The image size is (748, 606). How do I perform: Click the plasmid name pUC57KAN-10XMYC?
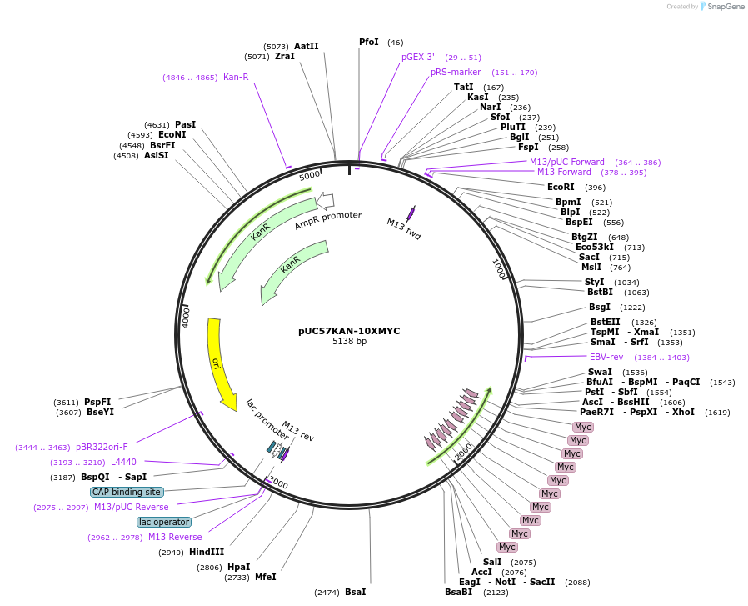349,331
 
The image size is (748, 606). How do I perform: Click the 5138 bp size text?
349,342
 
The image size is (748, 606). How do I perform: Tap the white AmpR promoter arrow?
326,200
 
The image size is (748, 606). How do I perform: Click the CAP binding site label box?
127,492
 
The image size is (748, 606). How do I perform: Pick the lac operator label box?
164,522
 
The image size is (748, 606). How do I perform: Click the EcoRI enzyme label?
561,187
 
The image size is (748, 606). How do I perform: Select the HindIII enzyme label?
207,552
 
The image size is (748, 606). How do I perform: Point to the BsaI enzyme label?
356,592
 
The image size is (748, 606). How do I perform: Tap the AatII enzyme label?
307,46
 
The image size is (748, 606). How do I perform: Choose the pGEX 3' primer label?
418,57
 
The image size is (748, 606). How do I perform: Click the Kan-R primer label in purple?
236,77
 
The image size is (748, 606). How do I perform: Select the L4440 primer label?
123,462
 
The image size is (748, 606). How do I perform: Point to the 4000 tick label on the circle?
187,316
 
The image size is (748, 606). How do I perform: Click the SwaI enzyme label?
600,372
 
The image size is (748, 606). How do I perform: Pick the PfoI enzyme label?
369,42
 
